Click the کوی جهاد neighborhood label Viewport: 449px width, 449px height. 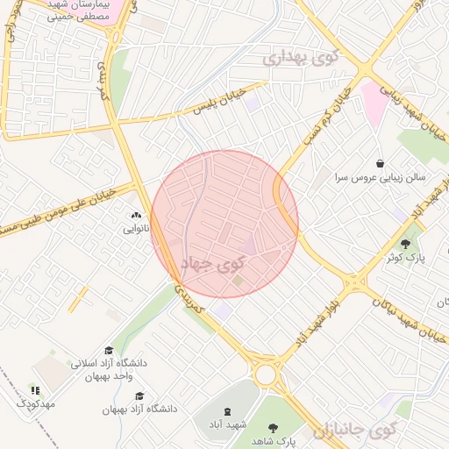[214, 262]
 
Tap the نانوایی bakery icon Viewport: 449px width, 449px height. [135, 215]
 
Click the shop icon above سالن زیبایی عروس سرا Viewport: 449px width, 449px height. [379, 163]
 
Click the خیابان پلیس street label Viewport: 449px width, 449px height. [206, 106]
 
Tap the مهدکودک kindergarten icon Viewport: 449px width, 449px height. [35, 390]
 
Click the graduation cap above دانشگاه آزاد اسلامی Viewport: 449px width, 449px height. [108, 349]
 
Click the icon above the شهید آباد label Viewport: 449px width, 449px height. [227, 411]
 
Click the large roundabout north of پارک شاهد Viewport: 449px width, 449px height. [265, 375]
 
